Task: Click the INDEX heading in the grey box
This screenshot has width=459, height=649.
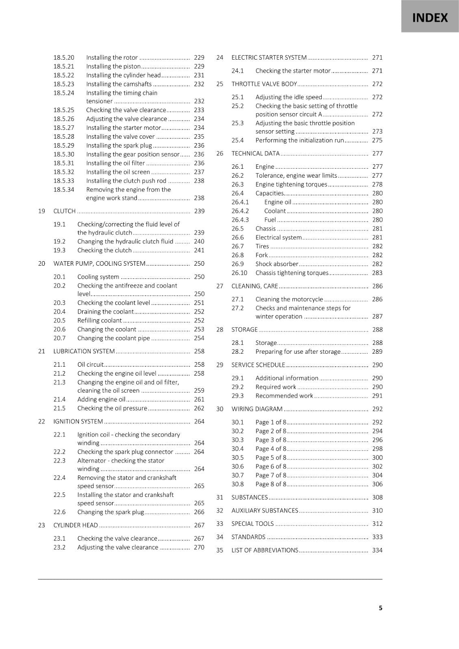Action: click(430, 18)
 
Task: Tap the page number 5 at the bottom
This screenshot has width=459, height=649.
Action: click(380, 608)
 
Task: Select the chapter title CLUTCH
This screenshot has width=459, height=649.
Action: click(64, 211)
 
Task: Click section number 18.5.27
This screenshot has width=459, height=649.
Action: click(64, 128)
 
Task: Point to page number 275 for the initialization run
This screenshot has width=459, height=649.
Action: click(377, 140)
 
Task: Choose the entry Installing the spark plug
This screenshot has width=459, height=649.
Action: click(119, 145)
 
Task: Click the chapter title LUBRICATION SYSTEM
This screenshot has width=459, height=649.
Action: click(84, 351)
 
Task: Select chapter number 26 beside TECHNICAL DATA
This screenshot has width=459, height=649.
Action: click(220, 153)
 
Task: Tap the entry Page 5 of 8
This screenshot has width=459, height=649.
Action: click(271, 458)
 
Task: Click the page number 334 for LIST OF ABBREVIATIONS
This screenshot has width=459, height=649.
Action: click(377, 550)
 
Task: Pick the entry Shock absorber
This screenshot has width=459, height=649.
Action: click(277, 264)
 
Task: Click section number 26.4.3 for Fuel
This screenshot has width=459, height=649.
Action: click(240, 220)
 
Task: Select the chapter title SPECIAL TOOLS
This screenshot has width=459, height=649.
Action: click(252, 524)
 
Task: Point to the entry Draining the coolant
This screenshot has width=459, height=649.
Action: click(105, 312)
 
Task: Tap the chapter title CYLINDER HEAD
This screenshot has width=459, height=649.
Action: click(76, 525)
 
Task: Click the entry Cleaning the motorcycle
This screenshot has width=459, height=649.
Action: click(289, 299)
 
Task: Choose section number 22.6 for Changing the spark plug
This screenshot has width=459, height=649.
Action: click(59, 512)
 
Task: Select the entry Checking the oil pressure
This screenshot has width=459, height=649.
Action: click(112, 408)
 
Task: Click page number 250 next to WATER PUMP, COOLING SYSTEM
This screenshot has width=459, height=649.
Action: click(199, 264)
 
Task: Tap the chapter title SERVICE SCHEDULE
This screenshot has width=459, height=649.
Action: click(258, 365)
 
